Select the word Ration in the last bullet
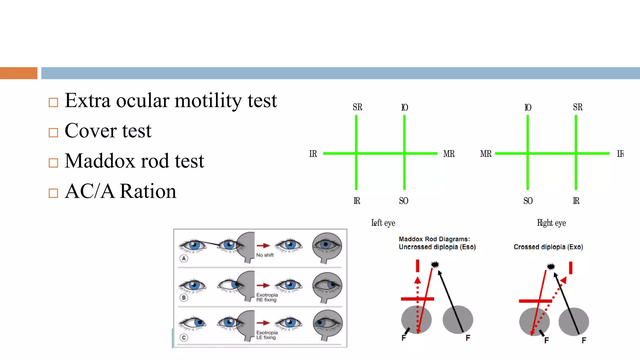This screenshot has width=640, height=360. (x=148, y=191)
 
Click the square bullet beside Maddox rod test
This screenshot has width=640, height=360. (x=53, y=163)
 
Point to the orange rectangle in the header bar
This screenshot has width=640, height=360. (x=19, y=73)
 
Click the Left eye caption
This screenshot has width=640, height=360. (x=383, y=223)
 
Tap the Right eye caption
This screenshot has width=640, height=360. (x=551, y=223)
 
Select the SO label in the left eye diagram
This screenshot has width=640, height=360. (x=403, y=201)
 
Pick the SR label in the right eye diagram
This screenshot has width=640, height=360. (x=577, y=107)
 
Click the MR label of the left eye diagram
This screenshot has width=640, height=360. (x=449, y=154)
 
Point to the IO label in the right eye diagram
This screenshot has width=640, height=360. (x=527, y=107)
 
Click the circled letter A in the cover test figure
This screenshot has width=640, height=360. (x=184, y=258)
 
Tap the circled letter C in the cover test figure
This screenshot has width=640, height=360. (x=184, y=337)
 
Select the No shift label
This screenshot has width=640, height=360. (x=265, y=255)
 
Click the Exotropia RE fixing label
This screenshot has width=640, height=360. (x=267, y=297)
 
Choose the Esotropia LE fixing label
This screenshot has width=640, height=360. (x=267, y=335)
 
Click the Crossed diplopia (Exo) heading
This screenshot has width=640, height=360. (x=548, y=247)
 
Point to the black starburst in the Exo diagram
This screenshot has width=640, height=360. (x=551, y=267)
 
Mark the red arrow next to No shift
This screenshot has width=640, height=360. (x=263, y=246)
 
